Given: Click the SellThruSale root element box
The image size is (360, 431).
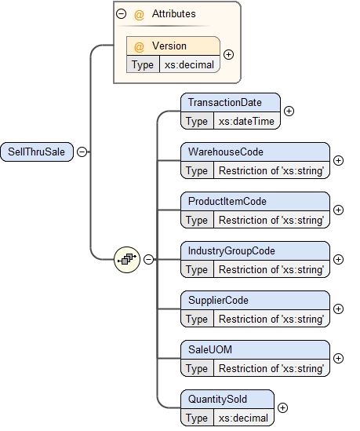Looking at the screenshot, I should coord(35,152).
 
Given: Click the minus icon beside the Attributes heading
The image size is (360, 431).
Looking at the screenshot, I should coord(120,13).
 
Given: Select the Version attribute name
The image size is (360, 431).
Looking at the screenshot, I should coord(169,46).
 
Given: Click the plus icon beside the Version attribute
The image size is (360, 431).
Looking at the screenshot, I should coord(228,55).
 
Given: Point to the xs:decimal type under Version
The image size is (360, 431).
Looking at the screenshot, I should coord(188,64).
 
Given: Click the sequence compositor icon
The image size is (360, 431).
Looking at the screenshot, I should coord(126,258).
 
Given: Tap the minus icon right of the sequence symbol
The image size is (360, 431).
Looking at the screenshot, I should coord(148,259).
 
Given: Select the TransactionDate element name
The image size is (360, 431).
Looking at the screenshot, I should coord(224,103).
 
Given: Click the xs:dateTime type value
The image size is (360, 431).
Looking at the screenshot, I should coord(245,121).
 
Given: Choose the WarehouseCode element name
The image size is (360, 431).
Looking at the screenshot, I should coord(225,152).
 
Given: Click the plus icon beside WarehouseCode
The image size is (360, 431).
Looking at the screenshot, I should coord(338,160).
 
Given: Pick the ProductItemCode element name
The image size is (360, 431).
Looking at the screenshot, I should coord(227,201).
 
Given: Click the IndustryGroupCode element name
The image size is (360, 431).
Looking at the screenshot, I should coord(231,250).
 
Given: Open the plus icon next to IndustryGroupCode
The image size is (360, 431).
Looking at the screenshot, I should coord(338,259).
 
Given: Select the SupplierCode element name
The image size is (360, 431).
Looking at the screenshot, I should coord(218,300).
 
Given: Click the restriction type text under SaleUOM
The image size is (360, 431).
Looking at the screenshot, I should coord(271,368).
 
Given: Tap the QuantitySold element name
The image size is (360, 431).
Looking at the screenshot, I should coord(217,399).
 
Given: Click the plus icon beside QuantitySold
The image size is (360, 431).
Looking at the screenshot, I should coord(282,407).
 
